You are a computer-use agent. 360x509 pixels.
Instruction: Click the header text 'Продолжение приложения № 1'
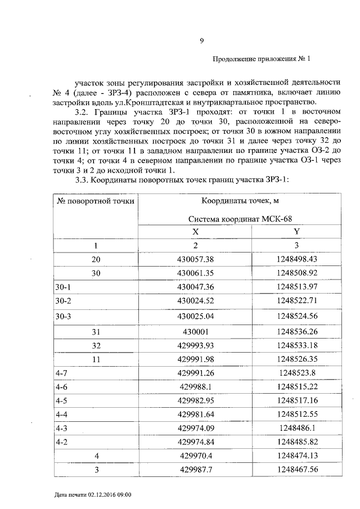click(262, 58)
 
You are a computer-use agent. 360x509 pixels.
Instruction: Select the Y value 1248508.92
click(297, 273)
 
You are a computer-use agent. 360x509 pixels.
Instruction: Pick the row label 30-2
click(64, 301)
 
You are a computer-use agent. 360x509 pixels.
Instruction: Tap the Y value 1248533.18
click(297, 345)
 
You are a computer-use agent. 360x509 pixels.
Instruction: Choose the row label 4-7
click(61, 373)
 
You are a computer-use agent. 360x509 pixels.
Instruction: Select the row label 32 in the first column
click(96, 345)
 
